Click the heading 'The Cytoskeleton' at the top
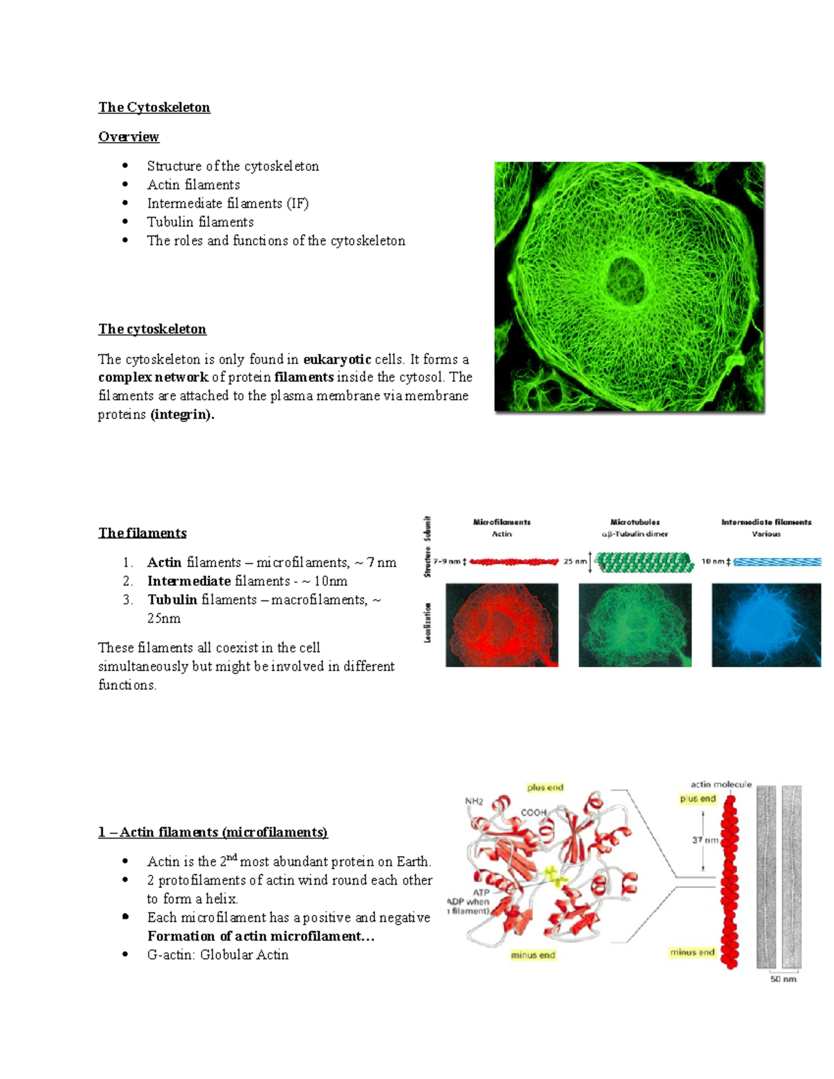(x=154, y=107)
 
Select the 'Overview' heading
(x=129, y=136)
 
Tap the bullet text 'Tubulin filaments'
(x=200, y=222)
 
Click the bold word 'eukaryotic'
(x=337, y=359)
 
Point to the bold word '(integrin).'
(x=182, y=415)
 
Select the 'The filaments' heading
(x=142, y=533)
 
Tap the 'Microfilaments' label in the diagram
(x=502, y=522)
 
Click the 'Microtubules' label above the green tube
(x=635, y=522)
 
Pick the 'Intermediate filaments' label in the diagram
(x=766, y=522)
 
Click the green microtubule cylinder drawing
(x=645, y=562)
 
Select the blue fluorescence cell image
(x=766, y=625)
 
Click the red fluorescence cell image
(x=502, y=625)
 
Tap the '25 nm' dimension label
(x=575, y=561)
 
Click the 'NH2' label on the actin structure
(x=474, y=801)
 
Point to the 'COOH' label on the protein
(x=534, y=812)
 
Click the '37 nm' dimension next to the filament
(x=705, y=840)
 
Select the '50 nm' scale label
(x=783, y=979)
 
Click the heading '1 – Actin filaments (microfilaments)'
(x=213, y=832)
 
